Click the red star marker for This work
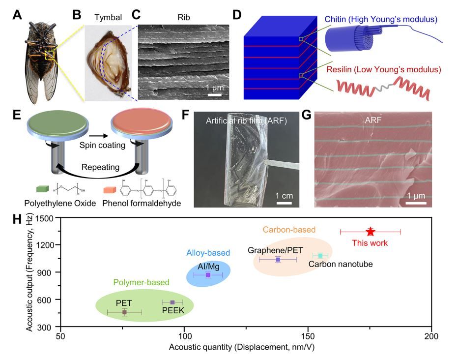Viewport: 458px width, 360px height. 371,232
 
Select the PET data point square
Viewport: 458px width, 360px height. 124,312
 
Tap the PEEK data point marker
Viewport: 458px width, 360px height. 172,302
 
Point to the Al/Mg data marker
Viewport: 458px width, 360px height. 208,275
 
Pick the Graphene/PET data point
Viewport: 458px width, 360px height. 278,259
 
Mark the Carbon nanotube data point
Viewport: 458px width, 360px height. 320,256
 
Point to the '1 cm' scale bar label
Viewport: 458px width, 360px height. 285,196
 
